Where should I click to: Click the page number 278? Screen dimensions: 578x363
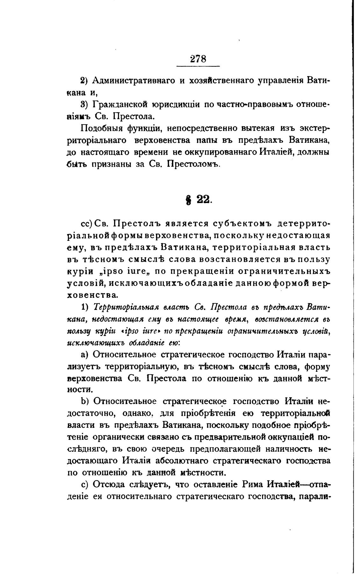tap(198, 59)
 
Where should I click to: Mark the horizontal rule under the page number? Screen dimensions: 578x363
tap(198, 66)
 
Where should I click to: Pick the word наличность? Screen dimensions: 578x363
tap(288, 449)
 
